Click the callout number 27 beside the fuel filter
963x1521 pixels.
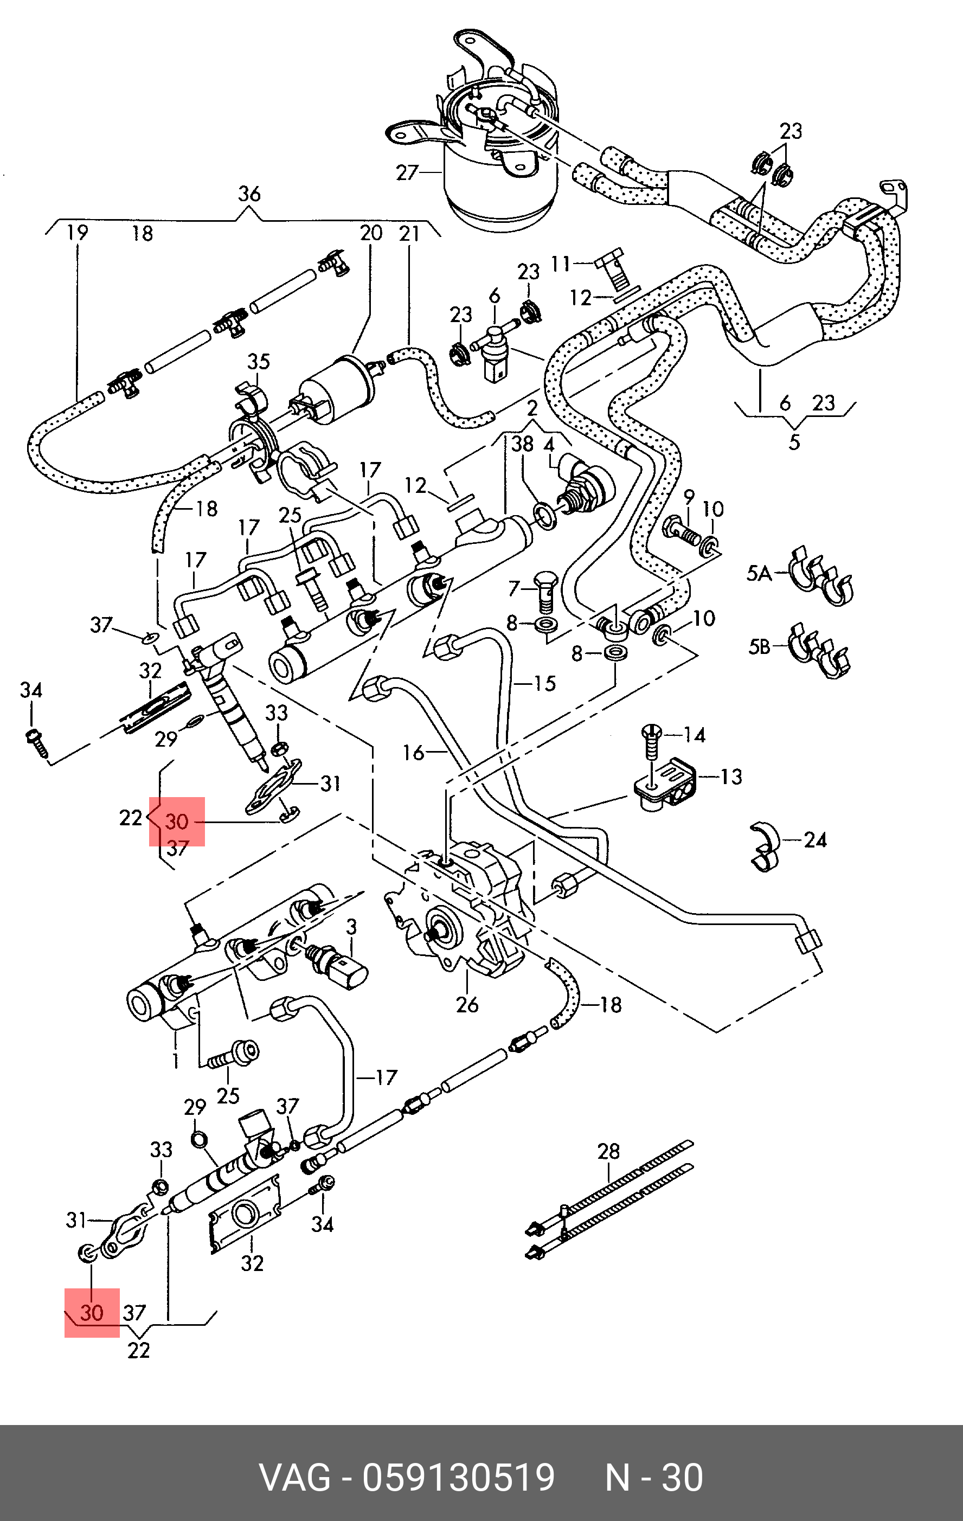point(407,172)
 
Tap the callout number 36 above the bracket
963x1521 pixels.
point(249,194)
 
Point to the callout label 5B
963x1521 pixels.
point(759,647)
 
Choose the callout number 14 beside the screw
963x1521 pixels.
point(695,735)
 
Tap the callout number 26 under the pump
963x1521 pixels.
point(467,1004)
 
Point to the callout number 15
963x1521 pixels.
point(545,683)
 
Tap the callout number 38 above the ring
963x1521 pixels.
point(523,444)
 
